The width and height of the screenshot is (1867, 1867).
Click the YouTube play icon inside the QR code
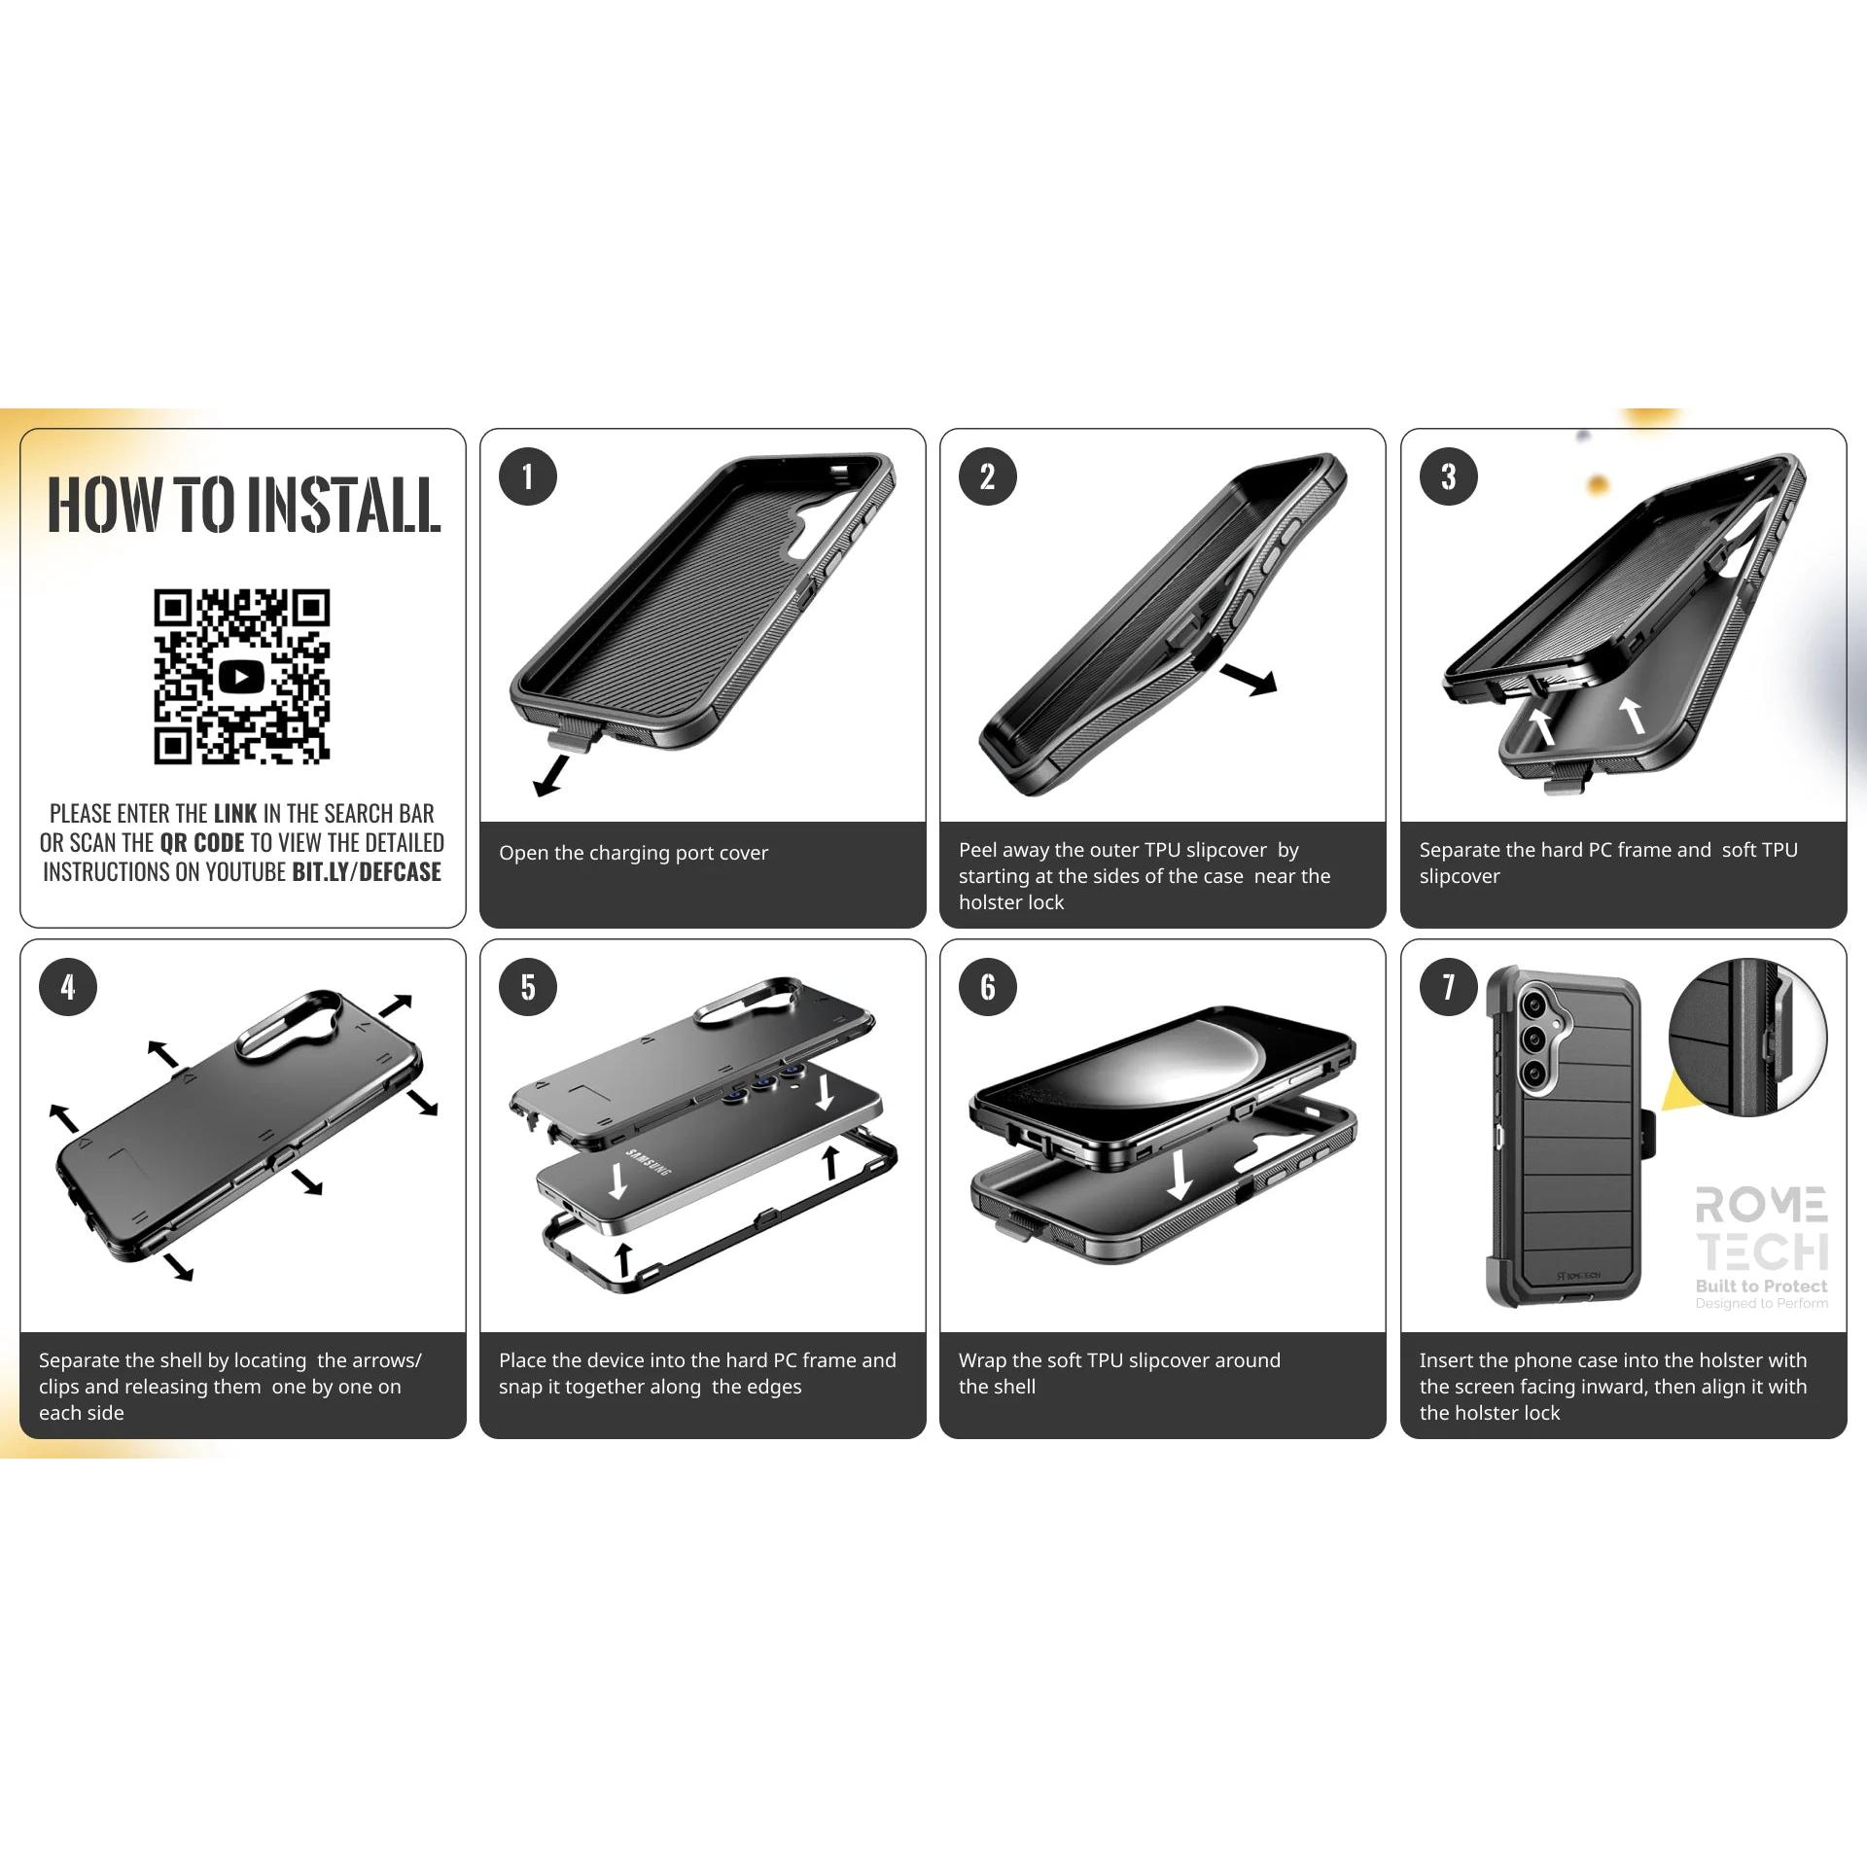241,677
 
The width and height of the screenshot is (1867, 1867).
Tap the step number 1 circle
527,476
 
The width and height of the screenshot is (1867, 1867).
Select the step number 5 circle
527,987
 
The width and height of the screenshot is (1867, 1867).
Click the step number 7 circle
1448,987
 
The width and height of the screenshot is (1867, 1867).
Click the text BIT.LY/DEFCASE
367,872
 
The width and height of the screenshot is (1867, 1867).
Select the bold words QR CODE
202,842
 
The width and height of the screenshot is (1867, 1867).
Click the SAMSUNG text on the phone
649,1162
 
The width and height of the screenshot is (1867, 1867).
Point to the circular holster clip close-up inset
1747,1037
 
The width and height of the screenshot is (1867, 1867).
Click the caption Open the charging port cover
633,853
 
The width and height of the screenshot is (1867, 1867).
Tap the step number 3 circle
1448,476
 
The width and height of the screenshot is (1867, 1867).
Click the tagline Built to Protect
1761,1286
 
